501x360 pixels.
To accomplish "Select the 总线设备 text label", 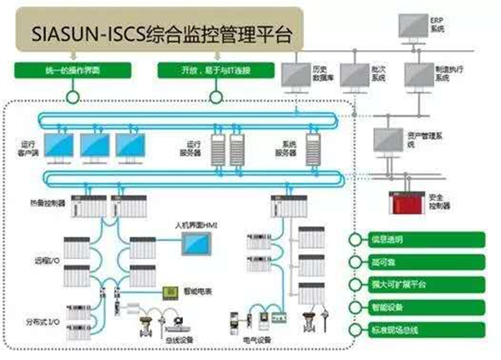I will [x=180, y=341].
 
